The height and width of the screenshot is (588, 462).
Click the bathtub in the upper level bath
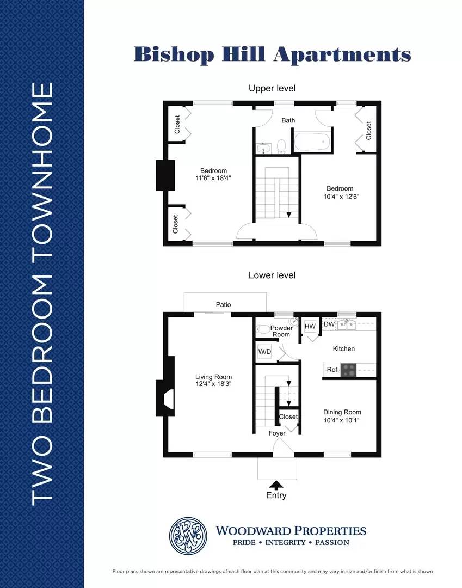point(312,142)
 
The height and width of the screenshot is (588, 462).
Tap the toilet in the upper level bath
point(281,146)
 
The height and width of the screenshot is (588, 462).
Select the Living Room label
point(213,377)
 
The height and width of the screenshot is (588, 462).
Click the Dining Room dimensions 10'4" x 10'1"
point(341,420)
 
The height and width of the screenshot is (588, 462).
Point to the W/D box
point(264,352)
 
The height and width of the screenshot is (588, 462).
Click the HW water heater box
point(310,326)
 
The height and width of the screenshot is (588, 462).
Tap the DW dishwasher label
point(329,324)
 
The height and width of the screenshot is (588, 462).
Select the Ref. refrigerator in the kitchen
point(332,370)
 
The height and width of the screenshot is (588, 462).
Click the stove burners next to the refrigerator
point(349,370)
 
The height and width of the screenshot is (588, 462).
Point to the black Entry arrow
point(276,485)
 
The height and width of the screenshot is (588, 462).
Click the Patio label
point(223,304)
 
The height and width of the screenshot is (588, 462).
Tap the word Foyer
point(277,433)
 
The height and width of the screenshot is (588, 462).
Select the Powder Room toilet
point(263,329)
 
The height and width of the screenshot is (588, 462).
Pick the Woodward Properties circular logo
point(188,536)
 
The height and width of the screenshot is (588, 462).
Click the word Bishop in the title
point(174,54)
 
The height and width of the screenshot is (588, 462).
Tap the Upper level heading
point(273,89)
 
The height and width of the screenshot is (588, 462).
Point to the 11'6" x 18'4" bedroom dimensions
point(213,178)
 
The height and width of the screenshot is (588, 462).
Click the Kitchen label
point(343,349)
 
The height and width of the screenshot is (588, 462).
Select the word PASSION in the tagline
point(332,542)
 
